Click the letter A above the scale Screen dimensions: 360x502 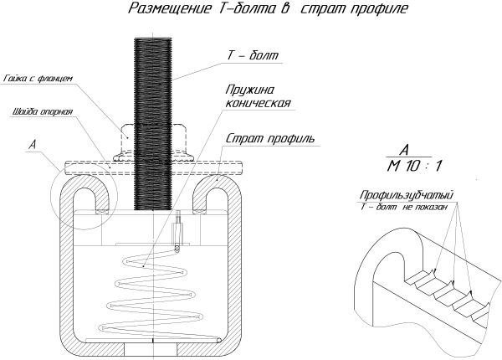(403, 149)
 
